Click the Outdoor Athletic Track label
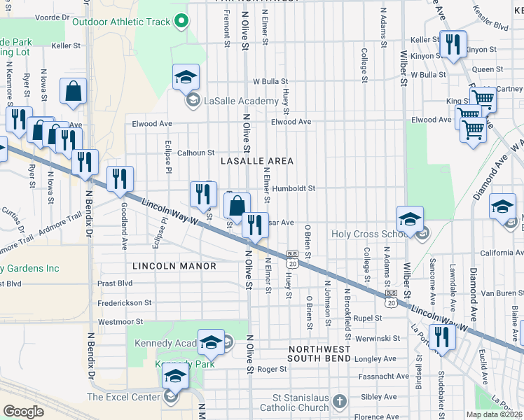pyautogui.click(x=121, y=22)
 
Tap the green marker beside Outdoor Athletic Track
pyautogui.click(x=181, y=22)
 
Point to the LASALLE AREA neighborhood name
pyautogui.click(x=256, y=161)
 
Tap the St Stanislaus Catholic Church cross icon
pyautogui.click(x=340, y=401)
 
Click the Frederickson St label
pyautogui.click(x=125, y=303)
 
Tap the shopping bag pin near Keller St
pyautogui.click(x=74, y=92)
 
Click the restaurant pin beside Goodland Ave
pyautogui.click(x=120, y=179)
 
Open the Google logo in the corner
pyautogui.click(x=23, y=412)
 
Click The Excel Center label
pyautogui.click(x=123, y=397)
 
